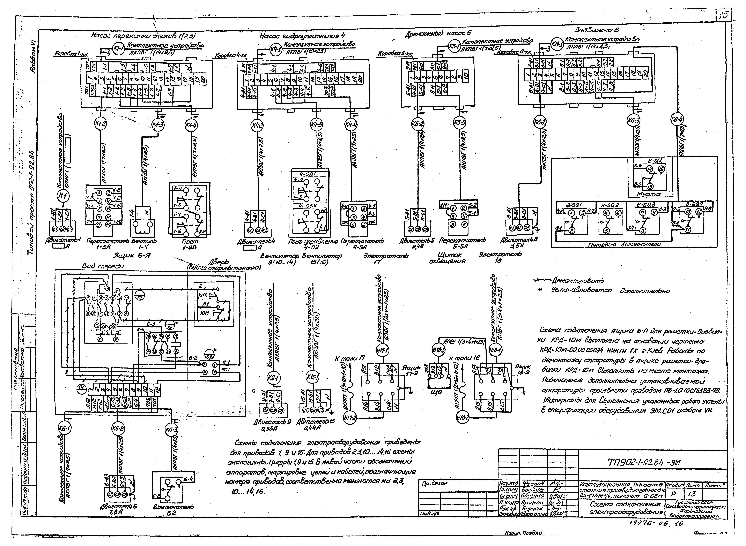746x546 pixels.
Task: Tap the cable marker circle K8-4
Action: (677, 119)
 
